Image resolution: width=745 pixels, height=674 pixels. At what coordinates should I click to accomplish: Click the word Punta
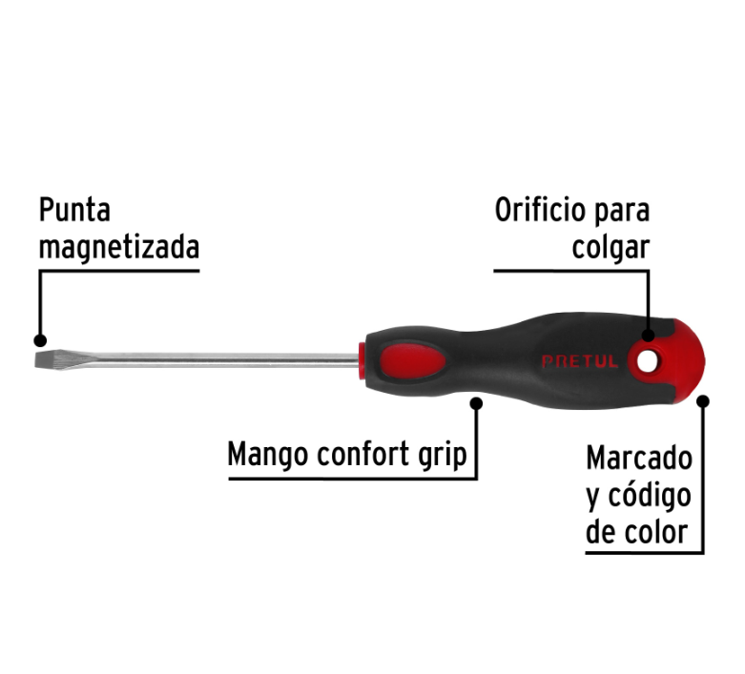pos(74,210)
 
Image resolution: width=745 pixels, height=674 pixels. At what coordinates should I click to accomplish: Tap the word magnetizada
pos(119,248)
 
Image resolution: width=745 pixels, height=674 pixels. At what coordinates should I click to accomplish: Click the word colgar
pos(610,248)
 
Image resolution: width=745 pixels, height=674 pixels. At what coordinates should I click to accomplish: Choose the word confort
pos(363,454)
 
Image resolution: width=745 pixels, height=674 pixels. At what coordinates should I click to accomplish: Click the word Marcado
pos(639,459)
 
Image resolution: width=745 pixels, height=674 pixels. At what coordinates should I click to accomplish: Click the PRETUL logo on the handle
pos(580,361)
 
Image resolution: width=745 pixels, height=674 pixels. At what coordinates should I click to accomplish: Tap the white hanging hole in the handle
pos(645,362)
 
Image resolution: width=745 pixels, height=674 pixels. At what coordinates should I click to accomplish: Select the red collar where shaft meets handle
pos(362,360)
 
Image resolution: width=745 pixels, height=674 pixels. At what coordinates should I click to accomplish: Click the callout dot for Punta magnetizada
pos(40,340)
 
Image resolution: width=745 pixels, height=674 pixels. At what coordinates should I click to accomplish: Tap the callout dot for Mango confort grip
pos(476,403)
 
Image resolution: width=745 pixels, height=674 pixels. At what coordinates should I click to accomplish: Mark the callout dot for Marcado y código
pos(703,401)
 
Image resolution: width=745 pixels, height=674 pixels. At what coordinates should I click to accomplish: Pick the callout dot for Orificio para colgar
pos(648,336)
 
